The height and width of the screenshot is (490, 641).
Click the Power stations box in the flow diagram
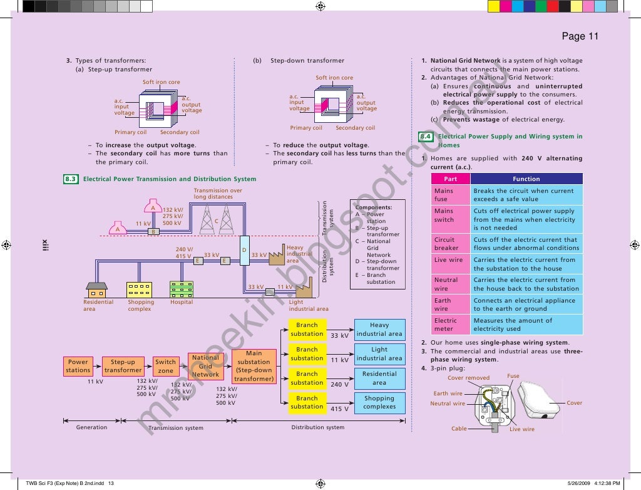tap(78, 366)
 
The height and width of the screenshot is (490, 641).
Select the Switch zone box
tap(165, 366)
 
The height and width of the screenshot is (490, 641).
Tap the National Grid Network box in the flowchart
tap(205, 366)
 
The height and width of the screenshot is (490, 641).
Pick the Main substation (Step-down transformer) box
tap(254, 366)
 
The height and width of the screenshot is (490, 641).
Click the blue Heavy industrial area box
tap(379, 330)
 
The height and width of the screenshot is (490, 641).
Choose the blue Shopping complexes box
tap(379, 402)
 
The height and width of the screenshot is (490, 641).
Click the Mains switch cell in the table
tap(450, 216)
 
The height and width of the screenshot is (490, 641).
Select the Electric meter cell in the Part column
tap(450, 325)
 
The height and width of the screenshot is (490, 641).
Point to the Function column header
tap(526, 179)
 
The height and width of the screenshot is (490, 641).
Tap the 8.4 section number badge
tap(426, 137)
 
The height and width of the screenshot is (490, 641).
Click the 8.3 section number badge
tap(71, 179)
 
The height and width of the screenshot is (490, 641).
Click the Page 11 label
tap(580, 36)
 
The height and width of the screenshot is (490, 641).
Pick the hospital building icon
tap(181, 289)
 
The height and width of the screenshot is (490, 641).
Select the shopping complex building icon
tap(139, 289)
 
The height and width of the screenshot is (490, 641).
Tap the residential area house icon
tap(96, 289)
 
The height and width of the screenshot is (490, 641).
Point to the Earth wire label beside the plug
tap(448, 394)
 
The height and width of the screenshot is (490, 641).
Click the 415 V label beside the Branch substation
tap(339, 409)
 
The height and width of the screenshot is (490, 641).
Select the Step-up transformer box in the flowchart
tap(123, 366)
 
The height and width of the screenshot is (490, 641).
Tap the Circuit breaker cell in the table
tap(450, 244)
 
